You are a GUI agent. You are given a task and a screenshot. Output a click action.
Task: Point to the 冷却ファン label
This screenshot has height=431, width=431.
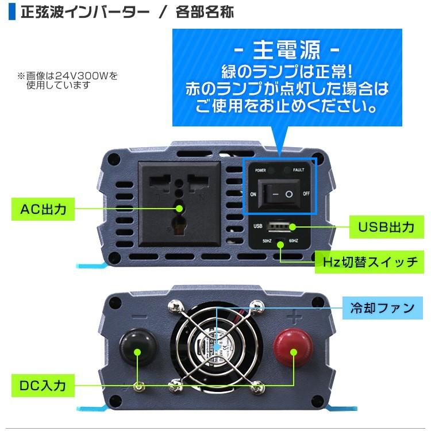[x=382, y=309]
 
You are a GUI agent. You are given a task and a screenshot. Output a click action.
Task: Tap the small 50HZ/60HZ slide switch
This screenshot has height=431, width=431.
[x=280, y=242]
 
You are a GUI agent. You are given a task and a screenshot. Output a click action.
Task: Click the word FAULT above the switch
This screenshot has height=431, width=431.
[x=298, y=170]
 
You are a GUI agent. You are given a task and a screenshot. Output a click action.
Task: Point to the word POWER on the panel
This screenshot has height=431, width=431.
[x=261, y=170]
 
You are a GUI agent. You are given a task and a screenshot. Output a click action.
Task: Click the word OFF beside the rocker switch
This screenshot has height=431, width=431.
[x=307, y=194]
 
